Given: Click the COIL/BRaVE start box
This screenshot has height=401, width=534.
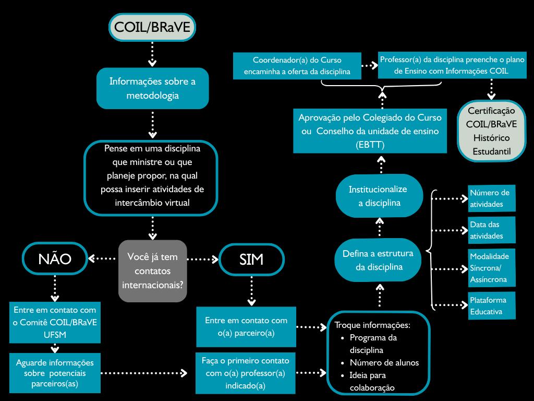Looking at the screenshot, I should pos(152,27).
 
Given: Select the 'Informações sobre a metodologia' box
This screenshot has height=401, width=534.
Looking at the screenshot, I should pos(152,88).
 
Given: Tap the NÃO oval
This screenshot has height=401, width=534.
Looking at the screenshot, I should pos(55,259).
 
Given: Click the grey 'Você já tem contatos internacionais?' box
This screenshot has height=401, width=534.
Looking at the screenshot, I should pos(152,270).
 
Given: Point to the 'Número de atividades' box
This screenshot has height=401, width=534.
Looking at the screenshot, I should pos(492,198).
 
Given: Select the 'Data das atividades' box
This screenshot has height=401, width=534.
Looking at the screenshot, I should pos(492,230).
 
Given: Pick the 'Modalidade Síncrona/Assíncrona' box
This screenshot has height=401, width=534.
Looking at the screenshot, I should pos(492,268).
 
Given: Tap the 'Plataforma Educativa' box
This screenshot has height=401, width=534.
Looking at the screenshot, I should pos(492,306).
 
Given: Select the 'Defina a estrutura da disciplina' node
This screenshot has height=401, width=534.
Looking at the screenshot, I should pos(379,260).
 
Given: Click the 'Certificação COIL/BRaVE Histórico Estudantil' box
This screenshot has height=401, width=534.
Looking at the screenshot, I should pos(491,131).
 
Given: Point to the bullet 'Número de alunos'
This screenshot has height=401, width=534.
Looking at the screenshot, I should pos(384,362).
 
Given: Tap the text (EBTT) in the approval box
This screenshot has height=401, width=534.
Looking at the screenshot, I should pos(369,144).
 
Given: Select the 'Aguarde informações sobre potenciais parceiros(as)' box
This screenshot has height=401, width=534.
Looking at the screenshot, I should pos(55,373).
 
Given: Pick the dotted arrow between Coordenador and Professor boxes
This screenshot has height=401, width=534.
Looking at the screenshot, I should pos(369,66).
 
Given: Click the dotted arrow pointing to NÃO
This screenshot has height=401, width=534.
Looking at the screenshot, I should pos(102,258).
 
